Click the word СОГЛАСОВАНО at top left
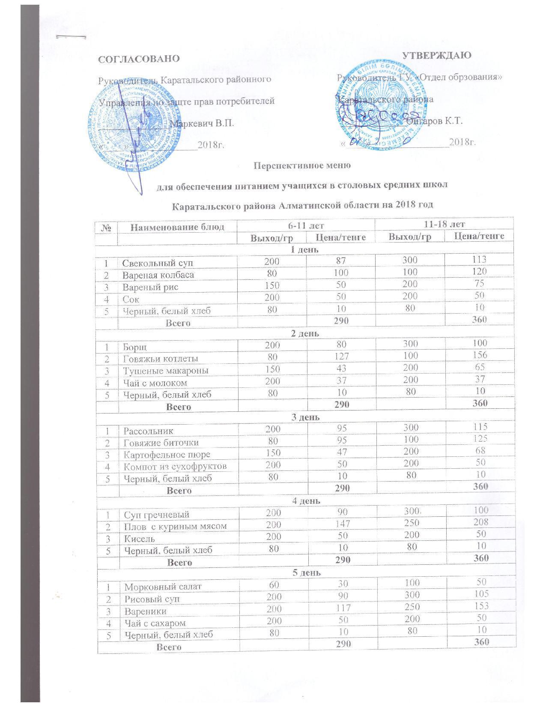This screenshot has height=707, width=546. [x=139, y=59]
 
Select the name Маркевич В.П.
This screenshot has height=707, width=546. [x=202, y=124]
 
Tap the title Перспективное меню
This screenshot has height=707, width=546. [x=303, y=165]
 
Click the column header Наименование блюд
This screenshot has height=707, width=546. [x=177, y=227]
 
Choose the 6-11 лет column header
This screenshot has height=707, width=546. [x=305, y=225]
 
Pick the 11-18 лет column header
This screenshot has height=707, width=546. [x=444, y=224]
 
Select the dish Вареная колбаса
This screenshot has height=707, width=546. [x=158, y=275]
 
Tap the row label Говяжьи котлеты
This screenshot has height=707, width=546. [x=161, y=359]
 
